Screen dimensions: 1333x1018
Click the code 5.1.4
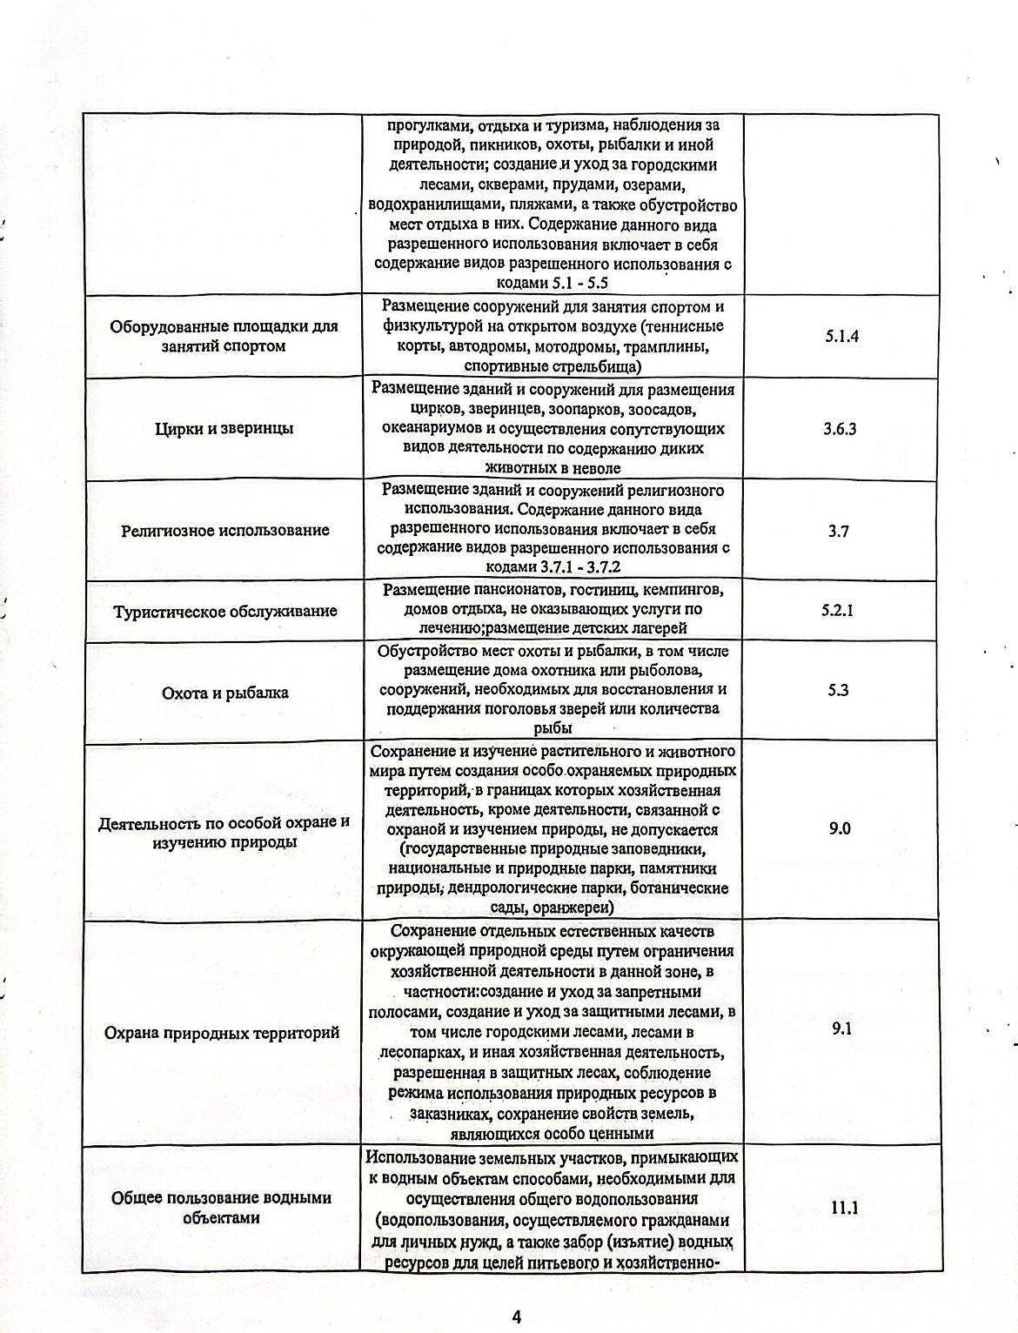(x=841, y=337)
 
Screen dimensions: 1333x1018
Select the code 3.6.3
(x=841, y=429)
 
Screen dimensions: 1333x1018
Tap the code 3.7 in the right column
(x=839, y=531)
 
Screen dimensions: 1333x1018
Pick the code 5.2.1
(x=837, y=610)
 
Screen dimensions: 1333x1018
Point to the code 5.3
(x=838, y=690)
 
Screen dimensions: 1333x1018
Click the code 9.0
(x=840, y=828)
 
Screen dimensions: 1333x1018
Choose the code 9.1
(x=841, y=1028)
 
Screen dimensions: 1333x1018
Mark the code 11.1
(x=841, y=1207)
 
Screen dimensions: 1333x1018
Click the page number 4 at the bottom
(x=516, y=1293)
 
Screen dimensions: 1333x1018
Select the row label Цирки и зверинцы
(x=224, y=428)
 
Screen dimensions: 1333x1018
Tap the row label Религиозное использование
(x=224, y=531)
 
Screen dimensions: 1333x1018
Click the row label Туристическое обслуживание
(x=224, y=611)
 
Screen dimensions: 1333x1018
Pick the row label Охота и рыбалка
(x=224, y=693)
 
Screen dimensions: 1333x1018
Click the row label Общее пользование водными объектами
(x=221, y=1208)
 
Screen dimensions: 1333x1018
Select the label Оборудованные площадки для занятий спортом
(x=224, y=336)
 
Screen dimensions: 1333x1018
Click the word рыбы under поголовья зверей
(x=553, y=728)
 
